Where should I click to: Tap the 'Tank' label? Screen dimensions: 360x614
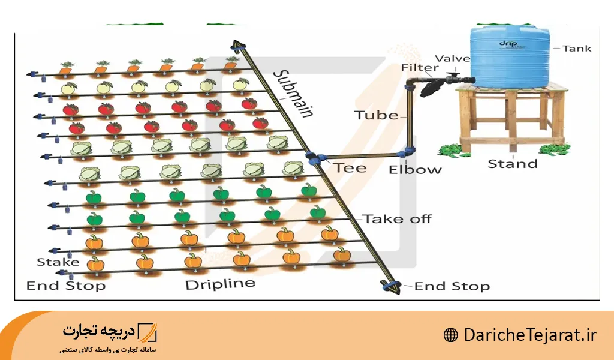point(577,49)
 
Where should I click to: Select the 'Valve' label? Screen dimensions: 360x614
point(453,58)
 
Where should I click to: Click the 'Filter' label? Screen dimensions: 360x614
point(417,68)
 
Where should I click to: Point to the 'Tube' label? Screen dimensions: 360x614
point(376,115)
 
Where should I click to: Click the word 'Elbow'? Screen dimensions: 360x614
point(415,169)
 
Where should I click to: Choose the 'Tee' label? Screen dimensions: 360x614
point(350,167)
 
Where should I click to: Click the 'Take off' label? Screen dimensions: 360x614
point(397,219)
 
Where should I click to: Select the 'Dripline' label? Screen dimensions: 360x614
point(220,284)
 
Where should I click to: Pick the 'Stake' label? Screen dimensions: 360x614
point(58,262)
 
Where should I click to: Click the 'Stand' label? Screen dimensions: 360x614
point(513,163)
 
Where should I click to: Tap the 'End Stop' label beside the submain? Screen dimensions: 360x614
point(452,286)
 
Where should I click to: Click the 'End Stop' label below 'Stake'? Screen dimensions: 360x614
point(66,286)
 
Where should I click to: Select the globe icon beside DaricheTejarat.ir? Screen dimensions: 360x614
point(450,335)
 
